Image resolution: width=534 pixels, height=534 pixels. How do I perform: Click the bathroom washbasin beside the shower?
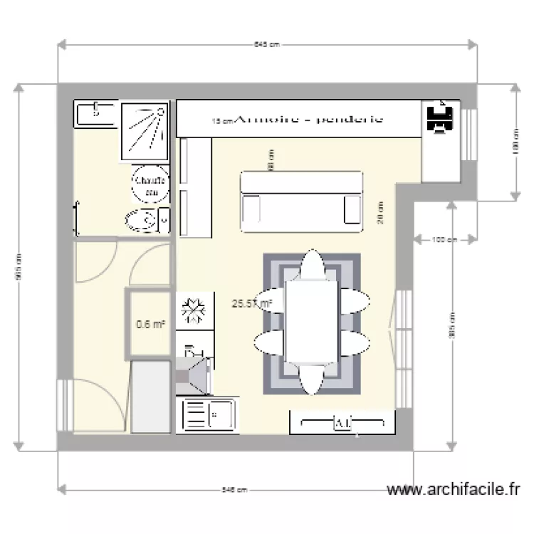(x=95, y=112)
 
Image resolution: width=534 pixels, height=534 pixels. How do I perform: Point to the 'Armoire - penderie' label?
(x=308, y=120)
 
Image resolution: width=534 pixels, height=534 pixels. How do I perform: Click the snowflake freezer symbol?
(x=194, y=312)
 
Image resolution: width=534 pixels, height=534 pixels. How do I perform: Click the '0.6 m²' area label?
(x=151, y=325)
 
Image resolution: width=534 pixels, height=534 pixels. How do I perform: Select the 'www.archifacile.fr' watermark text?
(x=453, y=490)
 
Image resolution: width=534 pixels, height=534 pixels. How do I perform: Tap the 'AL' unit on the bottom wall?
(x=342, y=424)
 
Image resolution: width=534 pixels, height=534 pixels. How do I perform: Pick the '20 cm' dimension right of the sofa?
(x=381, y=212)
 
